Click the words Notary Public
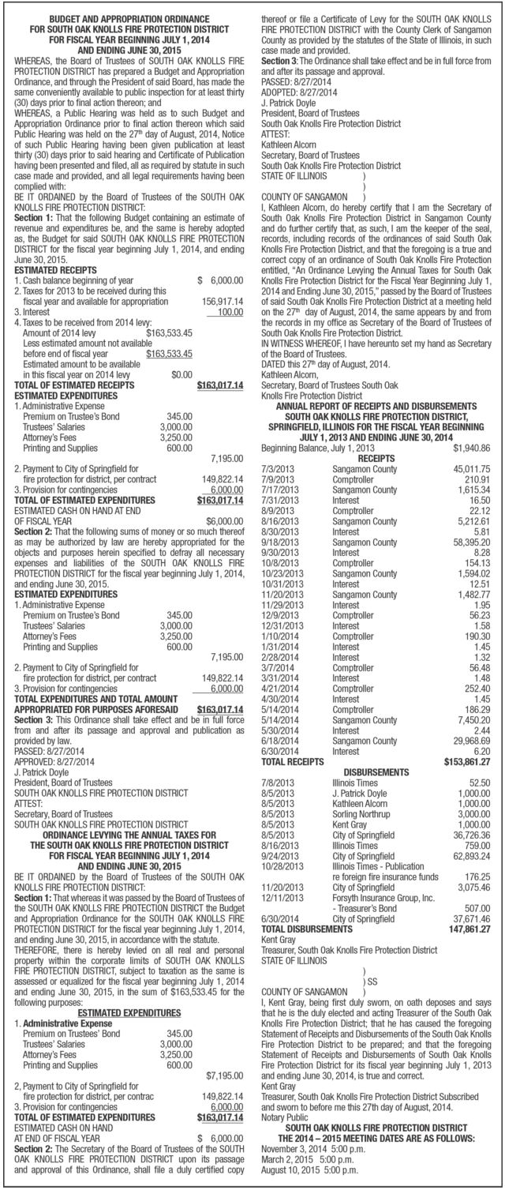tap(286, 1137)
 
